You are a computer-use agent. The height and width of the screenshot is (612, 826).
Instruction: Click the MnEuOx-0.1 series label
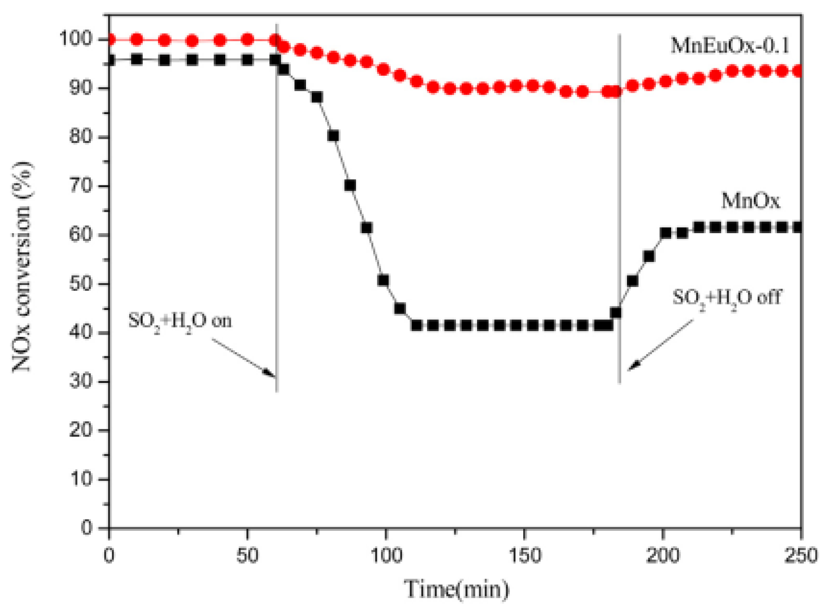coord(729,46)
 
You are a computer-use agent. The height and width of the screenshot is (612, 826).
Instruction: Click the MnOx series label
coord(750,201)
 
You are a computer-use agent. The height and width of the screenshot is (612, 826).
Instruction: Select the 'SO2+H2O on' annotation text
coord(180,321)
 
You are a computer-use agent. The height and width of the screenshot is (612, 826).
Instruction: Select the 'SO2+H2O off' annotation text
coord(726,298)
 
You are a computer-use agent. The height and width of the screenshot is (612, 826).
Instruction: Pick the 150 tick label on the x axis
coord(524,556)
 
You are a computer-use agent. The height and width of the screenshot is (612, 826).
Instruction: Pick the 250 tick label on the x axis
coord(801,556)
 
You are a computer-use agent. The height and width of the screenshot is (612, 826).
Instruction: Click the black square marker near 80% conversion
coord(334,136)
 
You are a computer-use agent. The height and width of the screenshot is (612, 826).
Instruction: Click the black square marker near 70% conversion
coord(350,185)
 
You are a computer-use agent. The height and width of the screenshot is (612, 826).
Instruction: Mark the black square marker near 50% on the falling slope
coord(383,280)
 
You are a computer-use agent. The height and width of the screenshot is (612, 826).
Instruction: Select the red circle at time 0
coord(110,40)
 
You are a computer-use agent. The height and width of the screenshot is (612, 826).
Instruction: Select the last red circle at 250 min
coord(799,71)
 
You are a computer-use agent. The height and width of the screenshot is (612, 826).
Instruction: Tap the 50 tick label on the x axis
coord(247,556)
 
